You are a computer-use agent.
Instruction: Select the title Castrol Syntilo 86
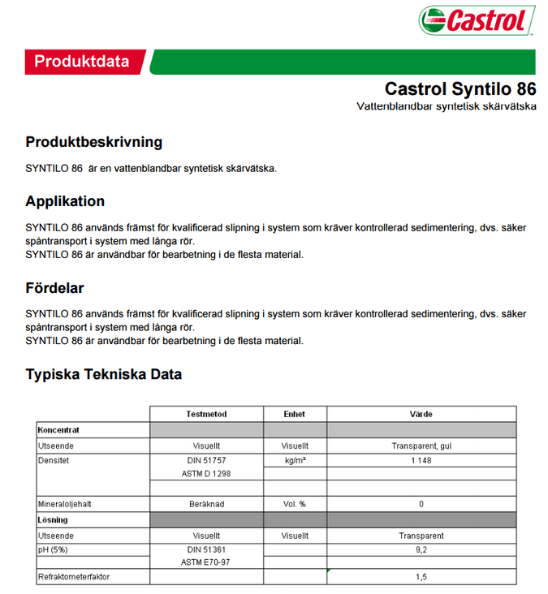click(460, 88)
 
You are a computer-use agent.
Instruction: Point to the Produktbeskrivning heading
click(93, 142)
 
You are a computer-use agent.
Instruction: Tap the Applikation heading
click(65, 201)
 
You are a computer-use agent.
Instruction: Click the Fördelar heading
click(54, 288)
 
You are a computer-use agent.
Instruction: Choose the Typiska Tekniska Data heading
click(103, 374)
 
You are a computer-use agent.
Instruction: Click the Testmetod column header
click(206, 414)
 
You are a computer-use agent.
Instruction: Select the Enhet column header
click(295, 414)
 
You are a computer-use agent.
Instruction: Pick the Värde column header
click(421, 414)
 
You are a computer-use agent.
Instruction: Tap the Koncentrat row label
click(58, 429)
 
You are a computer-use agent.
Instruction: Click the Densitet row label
click(54, 459)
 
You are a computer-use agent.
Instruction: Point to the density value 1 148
click(421, 459)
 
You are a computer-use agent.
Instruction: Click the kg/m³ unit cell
click(295, 459)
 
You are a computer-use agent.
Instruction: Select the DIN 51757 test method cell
click(206, 459)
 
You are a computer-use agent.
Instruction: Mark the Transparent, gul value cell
click(421, 445)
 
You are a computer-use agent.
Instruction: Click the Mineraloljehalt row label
click(64, 504)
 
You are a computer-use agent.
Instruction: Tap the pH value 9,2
click(421, 549)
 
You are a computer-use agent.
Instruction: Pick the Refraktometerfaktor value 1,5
click(421, 577)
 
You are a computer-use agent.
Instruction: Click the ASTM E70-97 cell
click(206, 562)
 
